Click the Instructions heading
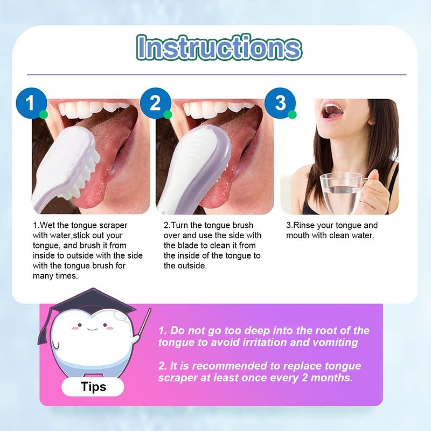coord(218,47)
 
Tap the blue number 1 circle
coord(31,102)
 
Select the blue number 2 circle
coord(155,102)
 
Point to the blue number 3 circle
coord(280,102)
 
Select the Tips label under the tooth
coord(93,386)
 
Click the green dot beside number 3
coord(292,114)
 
